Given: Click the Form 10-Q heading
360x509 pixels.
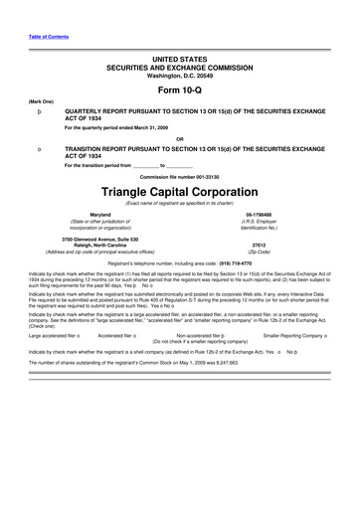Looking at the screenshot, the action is point(180,88).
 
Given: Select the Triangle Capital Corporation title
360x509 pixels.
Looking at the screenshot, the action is point(180,188).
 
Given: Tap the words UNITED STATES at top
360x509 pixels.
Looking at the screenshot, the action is point(180,61).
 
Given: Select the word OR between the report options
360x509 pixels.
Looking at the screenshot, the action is point(180,137).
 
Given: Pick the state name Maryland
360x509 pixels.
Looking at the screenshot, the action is point(99,215).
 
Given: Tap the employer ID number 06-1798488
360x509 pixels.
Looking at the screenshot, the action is point(259,215).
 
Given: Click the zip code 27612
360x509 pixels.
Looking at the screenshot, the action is point(259,244).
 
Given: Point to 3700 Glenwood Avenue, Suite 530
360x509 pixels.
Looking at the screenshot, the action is point(99,238).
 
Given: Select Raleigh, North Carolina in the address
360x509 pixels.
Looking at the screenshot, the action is point(99,245).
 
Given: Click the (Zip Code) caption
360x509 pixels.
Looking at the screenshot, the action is point(259,252).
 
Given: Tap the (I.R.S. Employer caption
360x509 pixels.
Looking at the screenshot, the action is point(259,223).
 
